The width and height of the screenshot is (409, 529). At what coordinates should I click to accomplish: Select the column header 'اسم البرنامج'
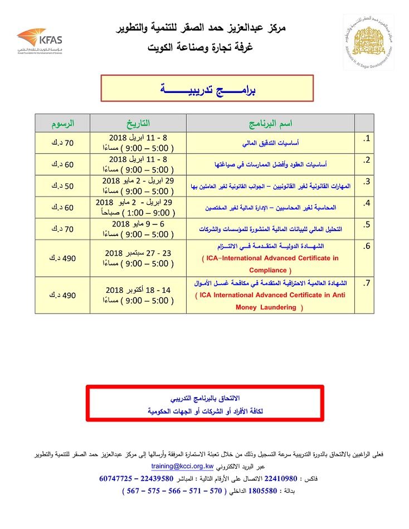(270, 123)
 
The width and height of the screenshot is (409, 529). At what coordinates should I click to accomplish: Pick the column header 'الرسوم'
(62, 123)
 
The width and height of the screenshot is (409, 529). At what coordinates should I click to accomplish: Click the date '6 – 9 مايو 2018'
(139, 224)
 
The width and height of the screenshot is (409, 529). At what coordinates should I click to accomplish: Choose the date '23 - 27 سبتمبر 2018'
(139, 253)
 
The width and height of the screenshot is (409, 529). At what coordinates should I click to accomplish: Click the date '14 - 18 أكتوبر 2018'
(139, 290)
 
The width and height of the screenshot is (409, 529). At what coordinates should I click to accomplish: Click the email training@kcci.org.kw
(183, 468)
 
